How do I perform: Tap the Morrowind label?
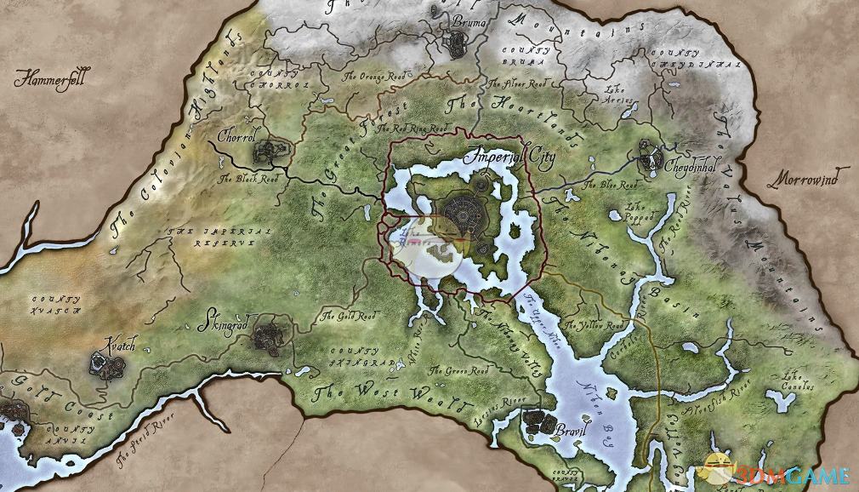[802, 180]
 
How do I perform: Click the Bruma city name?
[469, 20]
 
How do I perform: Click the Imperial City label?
[509, 158]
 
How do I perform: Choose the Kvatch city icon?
[107, 365]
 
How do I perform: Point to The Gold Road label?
[348, 316]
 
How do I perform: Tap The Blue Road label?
[610, 185]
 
